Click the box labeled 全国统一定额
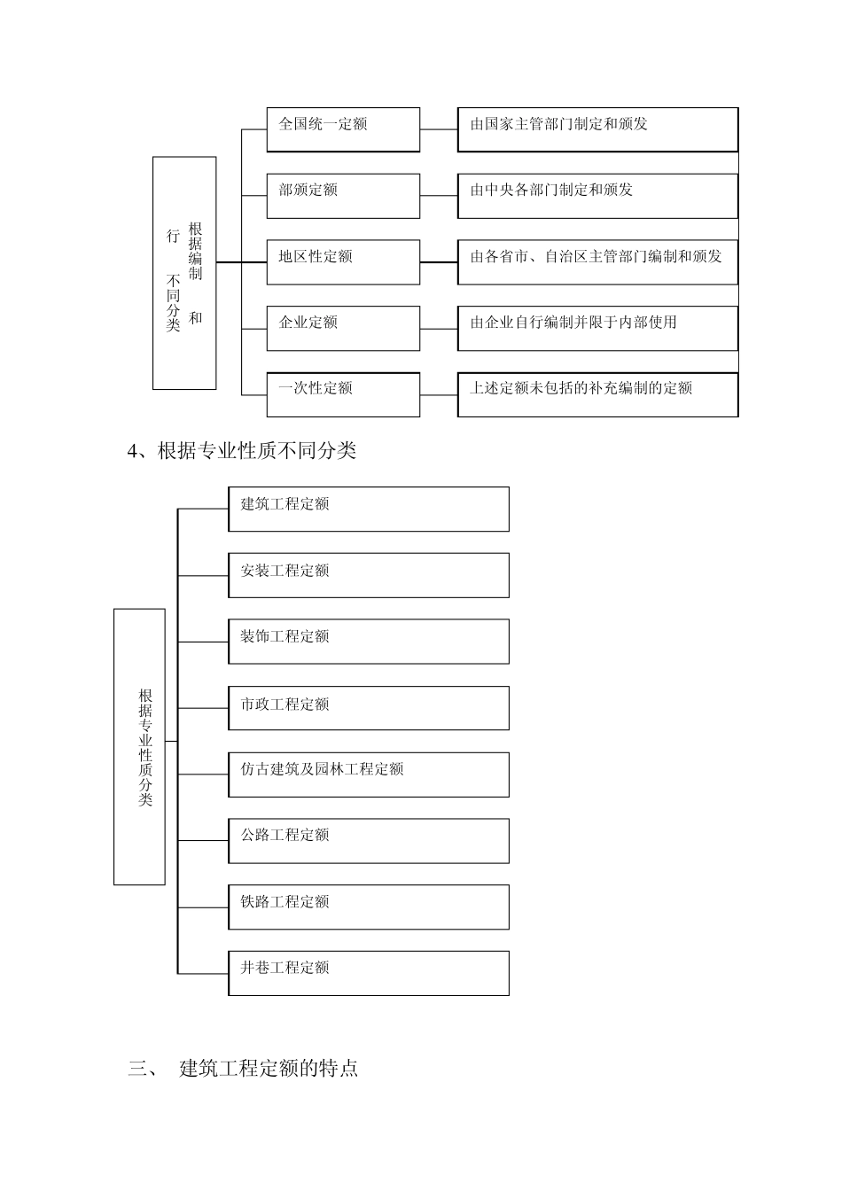click(x=343, y=129)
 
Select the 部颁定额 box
click(x=343, y=195)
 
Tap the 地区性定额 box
click(x=343, y=261)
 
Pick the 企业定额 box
click(x=343, y=328)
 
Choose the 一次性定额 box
click(x=343, y=393)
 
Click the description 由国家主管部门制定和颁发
click(x=597, y=129)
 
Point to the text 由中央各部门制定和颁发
click(x=597, y=195)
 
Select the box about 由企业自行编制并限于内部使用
click(x=597, y=328)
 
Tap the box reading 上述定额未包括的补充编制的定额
click(x=597, y=393)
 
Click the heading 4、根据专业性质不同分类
click(x=242, y=451)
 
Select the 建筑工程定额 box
click(x=368, y=509)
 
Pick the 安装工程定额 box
click(x=368, y=575)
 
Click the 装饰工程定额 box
click(x=368, y=641)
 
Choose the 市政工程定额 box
click(x=368, y=707)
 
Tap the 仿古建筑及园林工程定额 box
click(x=368, y=774)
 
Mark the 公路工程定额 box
click(x=368, y=840)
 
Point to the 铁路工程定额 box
click(x=368, y=907)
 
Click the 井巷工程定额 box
click(x=368, y=972)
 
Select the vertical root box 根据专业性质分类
click(x=139, y=746)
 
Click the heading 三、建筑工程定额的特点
click(x=244, y=1068)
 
